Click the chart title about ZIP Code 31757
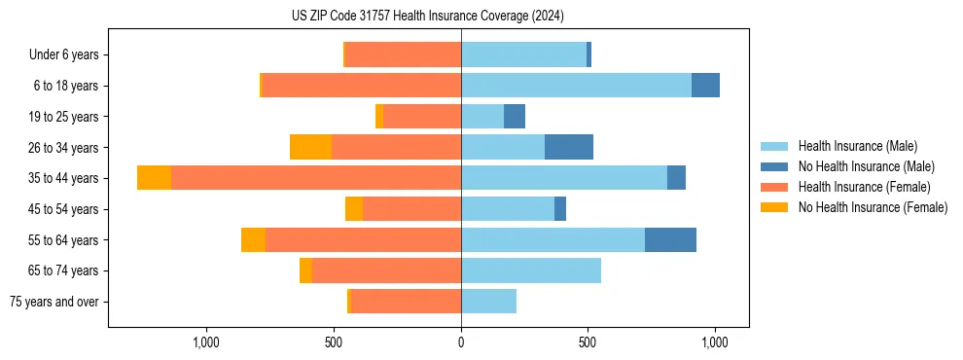(428, 17)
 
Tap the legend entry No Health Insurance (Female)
(873, 207)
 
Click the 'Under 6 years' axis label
(63, 54)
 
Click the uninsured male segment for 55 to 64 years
(670, 239)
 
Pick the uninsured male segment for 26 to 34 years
(569, 147)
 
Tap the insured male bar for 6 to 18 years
(576, 86)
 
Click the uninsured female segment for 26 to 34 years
(310, 147)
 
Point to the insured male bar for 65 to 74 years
(531, 270)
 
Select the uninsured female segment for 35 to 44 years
(154, 178)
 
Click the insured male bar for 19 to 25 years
(482, 117)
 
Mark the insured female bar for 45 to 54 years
(411, 209)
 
